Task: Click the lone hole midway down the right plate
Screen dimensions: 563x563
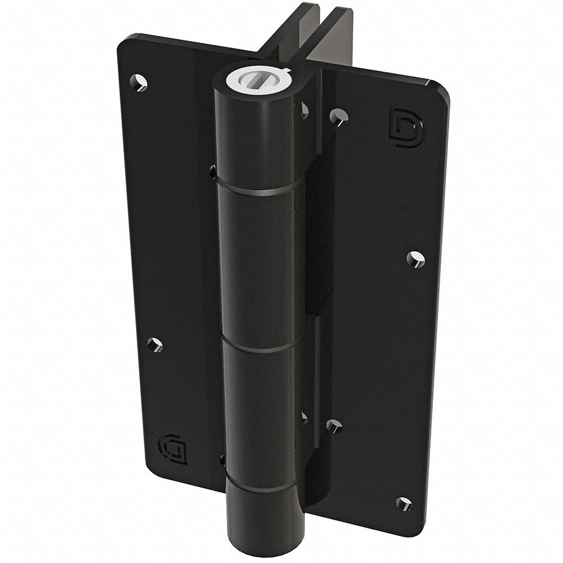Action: point(415,258)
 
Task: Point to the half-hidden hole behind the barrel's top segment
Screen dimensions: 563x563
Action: point(305,110)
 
